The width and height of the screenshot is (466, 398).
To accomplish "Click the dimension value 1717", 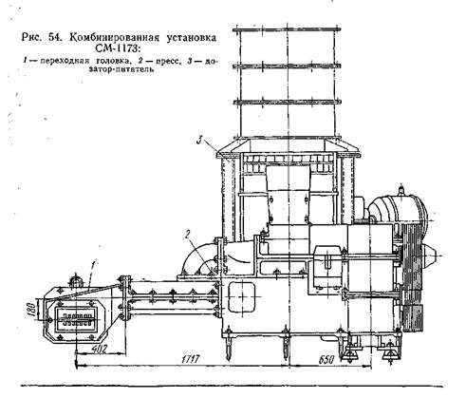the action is tap(191, 359).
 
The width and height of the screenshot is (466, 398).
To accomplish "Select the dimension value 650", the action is tap(326, 360).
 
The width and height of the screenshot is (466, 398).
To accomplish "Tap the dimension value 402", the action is tap(99, 349).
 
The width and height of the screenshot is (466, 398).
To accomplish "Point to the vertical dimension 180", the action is tap(31, 310).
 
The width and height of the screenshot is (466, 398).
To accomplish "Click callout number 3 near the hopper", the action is tap(199, 140).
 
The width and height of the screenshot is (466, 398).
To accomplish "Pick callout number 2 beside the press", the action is tap(187, 235).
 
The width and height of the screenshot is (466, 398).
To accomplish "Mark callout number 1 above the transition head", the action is tap(94, 264).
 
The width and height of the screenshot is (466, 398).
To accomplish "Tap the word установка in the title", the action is tap(192, 38).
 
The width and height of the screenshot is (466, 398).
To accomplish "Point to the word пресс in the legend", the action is tap(165, 61).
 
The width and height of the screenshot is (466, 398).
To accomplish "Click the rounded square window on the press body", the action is tap(242, 297).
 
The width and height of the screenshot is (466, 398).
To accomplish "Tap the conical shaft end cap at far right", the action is tap(428, 255).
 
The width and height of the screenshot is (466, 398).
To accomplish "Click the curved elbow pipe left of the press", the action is tap(197, 258).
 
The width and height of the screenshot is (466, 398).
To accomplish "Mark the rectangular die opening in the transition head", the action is tap(76, 319).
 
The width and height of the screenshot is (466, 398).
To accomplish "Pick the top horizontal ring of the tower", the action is tap(287, 29).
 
